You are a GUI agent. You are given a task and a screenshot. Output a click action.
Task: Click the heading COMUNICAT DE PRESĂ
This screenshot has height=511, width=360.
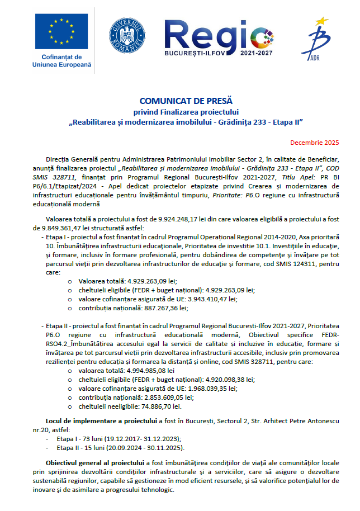pos(179,101)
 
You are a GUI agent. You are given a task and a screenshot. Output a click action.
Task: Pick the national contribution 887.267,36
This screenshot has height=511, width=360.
pos(161,307)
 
